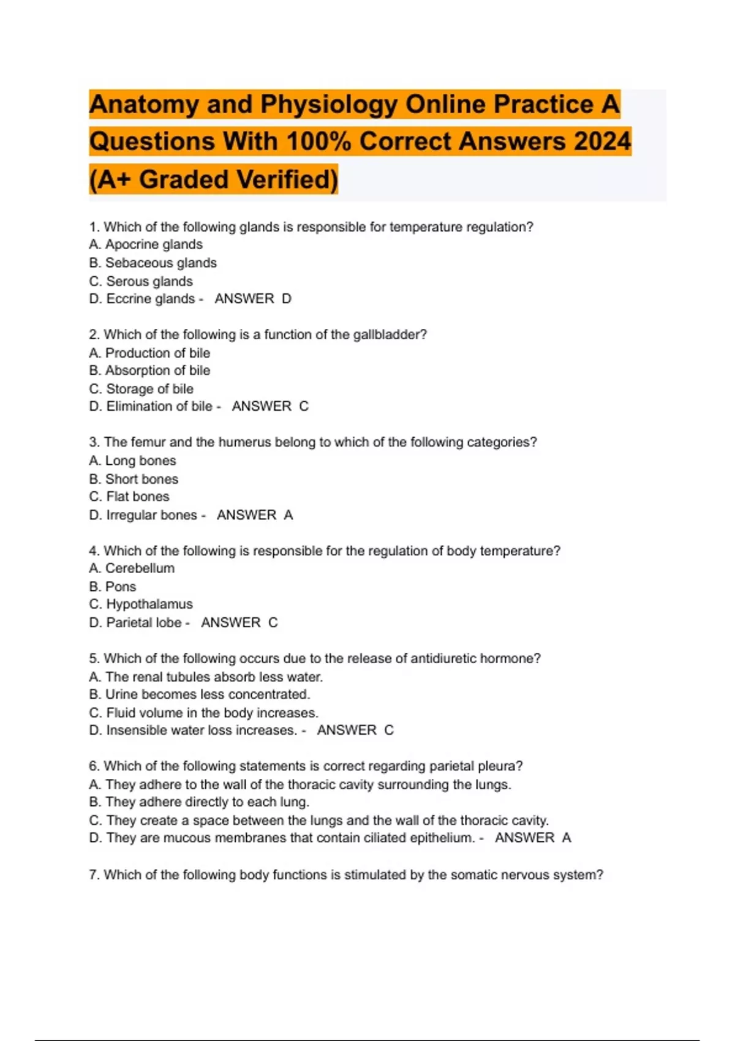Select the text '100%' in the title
click(x=318, y=141)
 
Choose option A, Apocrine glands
click(x=146, y=244)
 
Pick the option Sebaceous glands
click(x=153, y=263)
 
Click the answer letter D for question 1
click(x=287, y=299)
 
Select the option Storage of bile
click(x=141, y=389)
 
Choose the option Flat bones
click(x=129, y=497)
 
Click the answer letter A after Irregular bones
click(x=288, y=515)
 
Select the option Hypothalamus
click(x=141, y=604)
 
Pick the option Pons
click(x=113, y=587)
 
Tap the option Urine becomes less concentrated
click(x=200, y=694)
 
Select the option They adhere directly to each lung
click(x=199, y=802)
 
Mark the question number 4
click(x=94, y=551)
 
